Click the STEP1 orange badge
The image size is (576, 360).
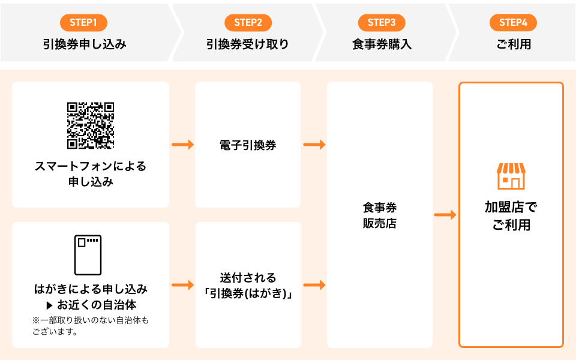coord(83,22)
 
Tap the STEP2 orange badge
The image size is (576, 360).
coord(248,22)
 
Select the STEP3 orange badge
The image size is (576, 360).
coord(382,22)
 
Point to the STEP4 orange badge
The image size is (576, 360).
coord(513,22)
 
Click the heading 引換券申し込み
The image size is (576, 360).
coord(85,44)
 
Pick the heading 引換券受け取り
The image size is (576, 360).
coord(248,44)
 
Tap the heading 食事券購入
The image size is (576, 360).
coord(382,44)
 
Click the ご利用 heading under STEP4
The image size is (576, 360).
coord(514,44)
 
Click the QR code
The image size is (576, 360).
coord(91,125)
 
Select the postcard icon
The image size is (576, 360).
coord(88,255)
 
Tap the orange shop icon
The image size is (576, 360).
coord(511,176)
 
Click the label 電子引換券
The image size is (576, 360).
coord(248,145)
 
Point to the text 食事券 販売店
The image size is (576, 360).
coord(379,215)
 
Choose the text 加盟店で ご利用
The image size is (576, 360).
coord(511,216)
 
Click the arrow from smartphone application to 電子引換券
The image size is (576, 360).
coord(182,145)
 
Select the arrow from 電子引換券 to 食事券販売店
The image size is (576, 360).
coord(314,145)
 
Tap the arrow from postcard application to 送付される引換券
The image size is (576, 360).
coord(182,284)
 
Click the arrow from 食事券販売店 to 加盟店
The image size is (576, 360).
coord(445,215)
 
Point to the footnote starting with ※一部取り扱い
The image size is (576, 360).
coord(91,325)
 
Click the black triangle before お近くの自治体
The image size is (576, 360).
coord(50,305)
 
